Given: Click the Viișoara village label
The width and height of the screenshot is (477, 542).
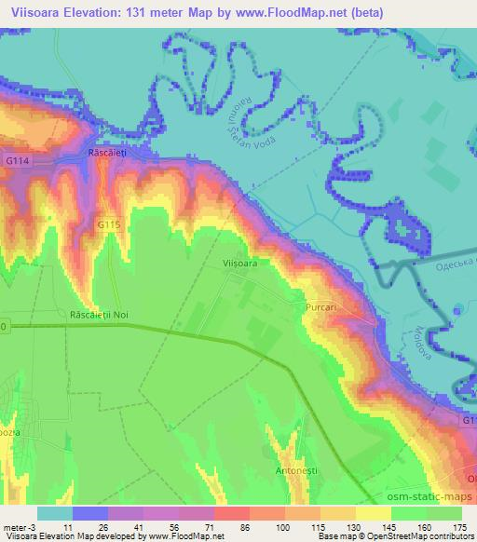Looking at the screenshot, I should [x=240, y=264].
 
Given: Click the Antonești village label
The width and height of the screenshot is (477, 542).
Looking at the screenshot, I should [x=272, y=470].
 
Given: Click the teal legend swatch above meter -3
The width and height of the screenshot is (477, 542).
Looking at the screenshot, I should [x=55, y=513].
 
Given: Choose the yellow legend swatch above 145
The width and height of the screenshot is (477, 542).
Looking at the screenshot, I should [x=374, y=513].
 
